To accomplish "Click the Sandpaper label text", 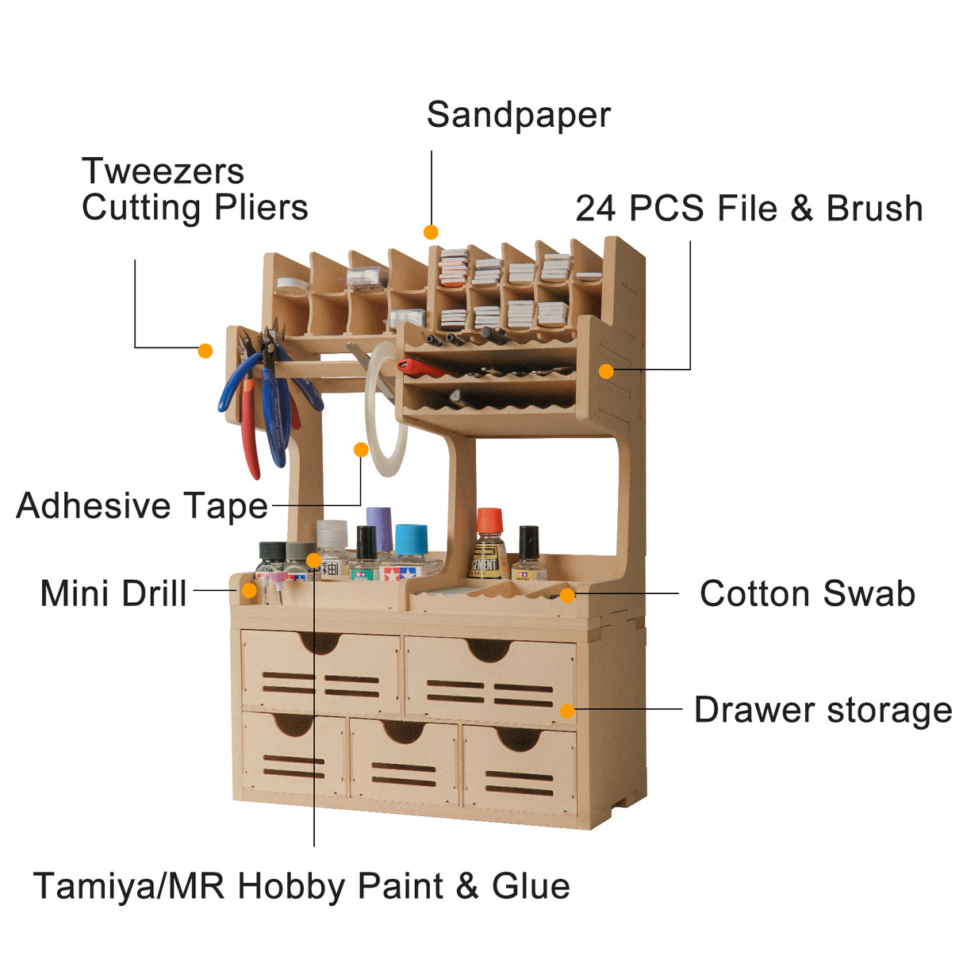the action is (518, 116).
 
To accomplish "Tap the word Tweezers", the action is (163, 171).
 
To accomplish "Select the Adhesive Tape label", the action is (143, 506).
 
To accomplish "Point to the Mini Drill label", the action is (113, 593).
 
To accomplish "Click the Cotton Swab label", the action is (807, 593).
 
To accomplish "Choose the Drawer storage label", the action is (823, 710).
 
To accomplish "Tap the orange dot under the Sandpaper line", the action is (431, 232).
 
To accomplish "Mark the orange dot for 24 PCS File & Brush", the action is (606, 371).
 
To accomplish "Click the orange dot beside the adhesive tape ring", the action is (361, 450).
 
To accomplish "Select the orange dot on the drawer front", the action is (567, 711).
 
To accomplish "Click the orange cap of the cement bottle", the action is (489, 520).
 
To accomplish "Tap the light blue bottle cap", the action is (411, 539).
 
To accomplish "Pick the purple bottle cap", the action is (379, 529).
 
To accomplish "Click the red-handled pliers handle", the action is (250, 430).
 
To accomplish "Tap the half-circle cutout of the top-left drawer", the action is (320, 643).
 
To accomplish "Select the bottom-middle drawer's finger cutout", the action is (403, 731).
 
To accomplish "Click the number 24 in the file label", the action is (595, 208).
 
